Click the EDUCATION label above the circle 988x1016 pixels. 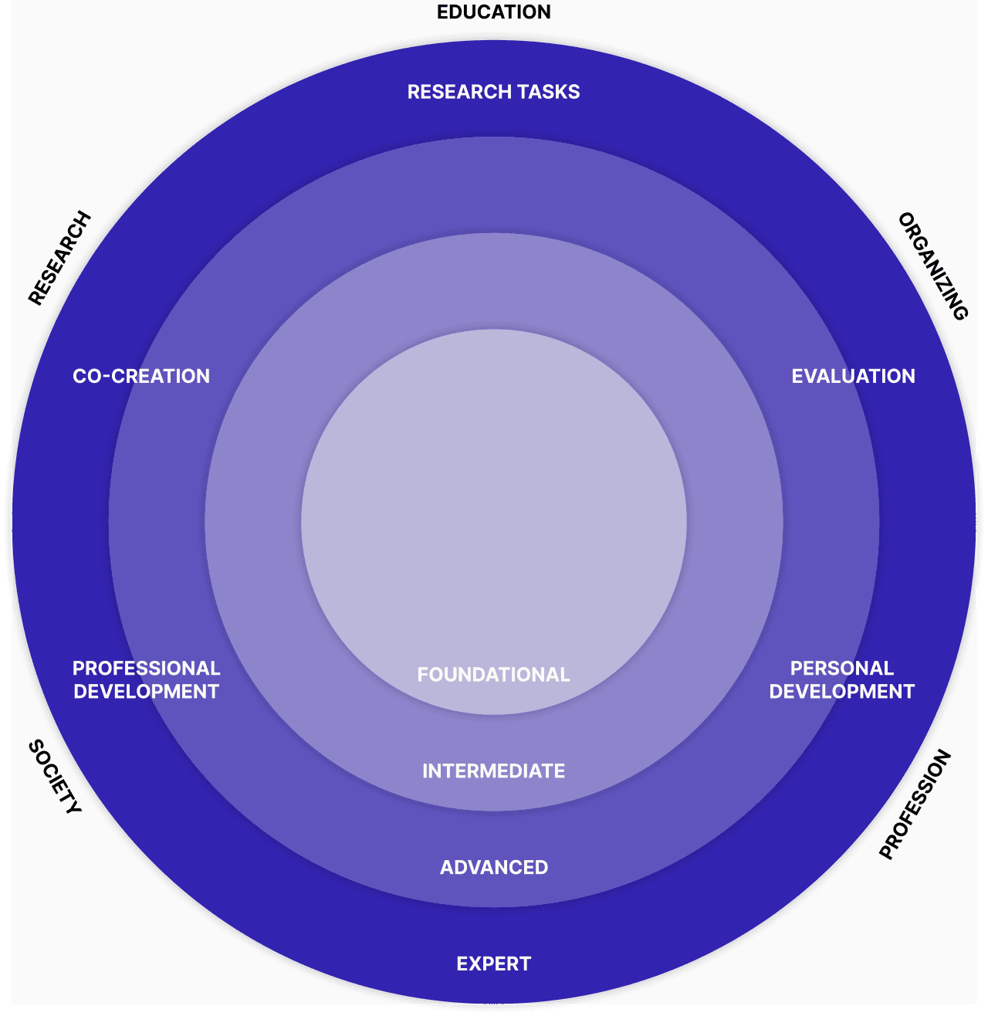494,12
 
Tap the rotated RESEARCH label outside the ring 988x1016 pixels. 60,258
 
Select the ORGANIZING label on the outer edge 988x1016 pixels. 933,266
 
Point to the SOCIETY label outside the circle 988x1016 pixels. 55,777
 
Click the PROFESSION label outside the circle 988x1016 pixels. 915,804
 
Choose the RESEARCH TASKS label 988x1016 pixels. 493,92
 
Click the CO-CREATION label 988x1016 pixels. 141,376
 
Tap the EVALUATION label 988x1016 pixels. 853,376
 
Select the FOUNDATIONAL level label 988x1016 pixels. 493,675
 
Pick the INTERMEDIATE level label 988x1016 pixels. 493,770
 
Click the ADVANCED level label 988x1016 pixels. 494,867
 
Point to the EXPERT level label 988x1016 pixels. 493,964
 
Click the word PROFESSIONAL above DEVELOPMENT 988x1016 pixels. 146,668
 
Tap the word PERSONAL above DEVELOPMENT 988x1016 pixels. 841,668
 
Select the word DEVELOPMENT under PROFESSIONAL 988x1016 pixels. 146,692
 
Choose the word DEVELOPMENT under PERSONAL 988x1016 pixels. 841,692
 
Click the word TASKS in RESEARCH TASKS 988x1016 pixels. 549,92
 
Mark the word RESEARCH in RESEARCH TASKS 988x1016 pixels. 459,92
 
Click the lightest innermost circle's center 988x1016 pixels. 494,522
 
